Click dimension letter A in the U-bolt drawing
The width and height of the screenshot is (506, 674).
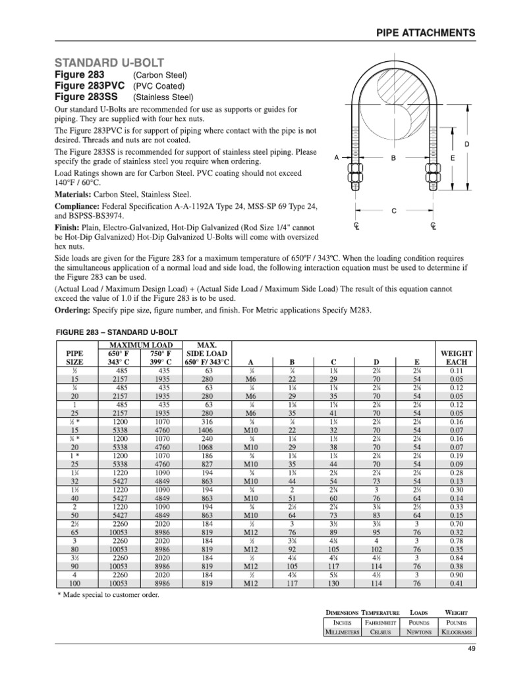337,159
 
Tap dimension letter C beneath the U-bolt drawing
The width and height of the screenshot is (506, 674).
394,211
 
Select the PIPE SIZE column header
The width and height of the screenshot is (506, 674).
74,357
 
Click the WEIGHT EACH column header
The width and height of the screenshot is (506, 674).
456,357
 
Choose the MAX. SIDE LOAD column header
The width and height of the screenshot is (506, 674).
208,353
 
